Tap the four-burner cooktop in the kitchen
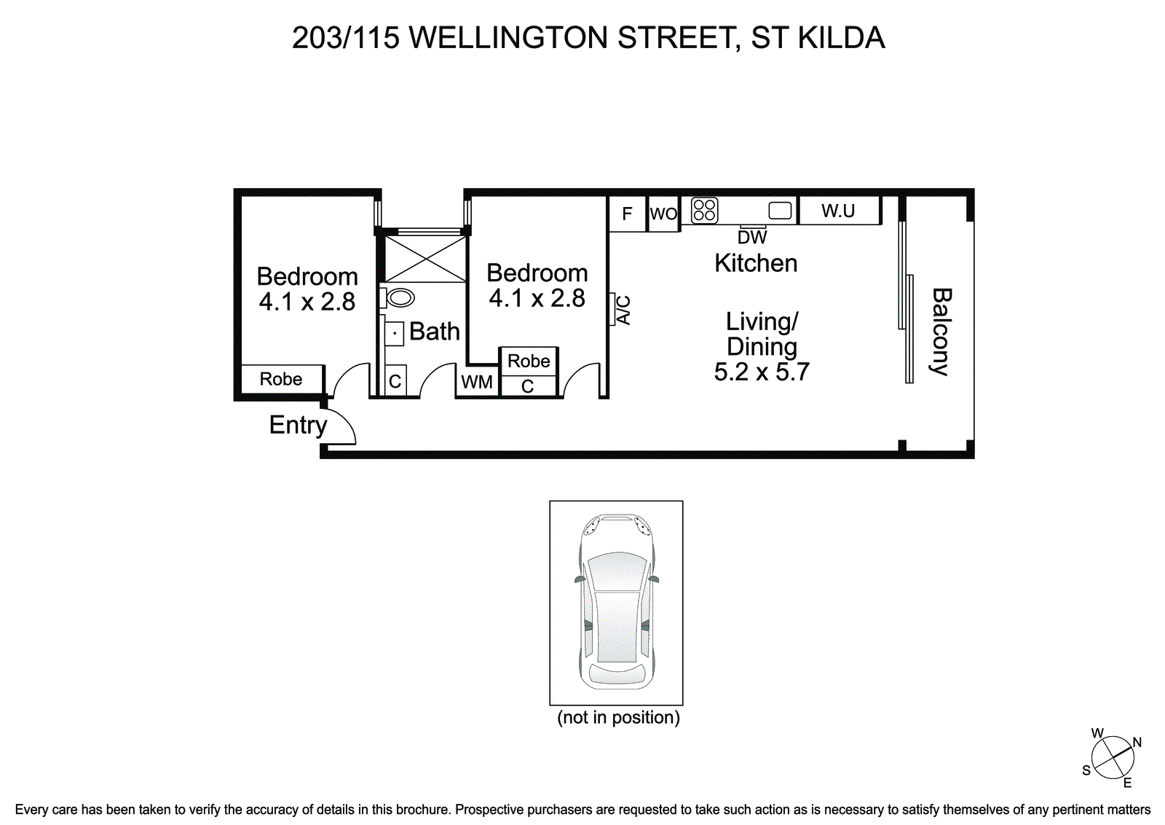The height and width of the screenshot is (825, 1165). tap(704, 211)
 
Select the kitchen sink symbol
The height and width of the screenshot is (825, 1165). tap(780, 211)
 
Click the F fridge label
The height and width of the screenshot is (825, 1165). tap(627, 214)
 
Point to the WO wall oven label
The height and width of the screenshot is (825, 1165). tap(663, 214)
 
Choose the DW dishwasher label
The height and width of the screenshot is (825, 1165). tap(752, 238)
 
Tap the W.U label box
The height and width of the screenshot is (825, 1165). tap(838, 211)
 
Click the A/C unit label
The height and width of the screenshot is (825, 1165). tap(623, 310)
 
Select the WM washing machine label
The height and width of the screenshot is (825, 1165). tap(477, 382)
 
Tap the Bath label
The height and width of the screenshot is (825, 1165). tap(434, 331)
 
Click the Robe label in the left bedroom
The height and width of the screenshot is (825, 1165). tap(281, 379)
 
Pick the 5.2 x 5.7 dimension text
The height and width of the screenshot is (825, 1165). tap(762, 372)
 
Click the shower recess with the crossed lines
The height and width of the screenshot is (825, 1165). tap(425, 259)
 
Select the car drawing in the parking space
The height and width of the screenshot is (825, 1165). tap(617, 602)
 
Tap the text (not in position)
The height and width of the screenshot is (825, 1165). tap(618, 717)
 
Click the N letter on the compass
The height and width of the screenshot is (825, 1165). tap(1137, 742)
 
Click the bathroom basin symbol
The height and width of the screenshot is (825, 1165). tap(394, 333)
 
